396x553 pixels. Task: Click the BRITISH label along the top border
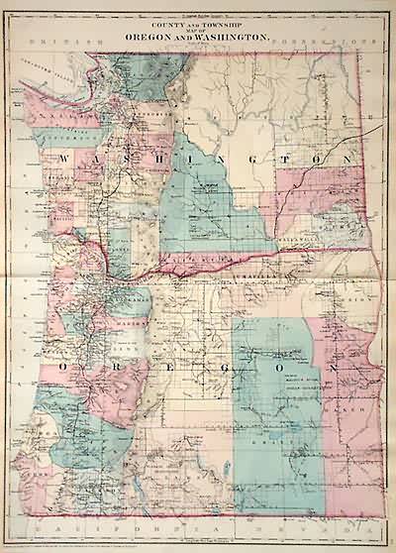tap(58, 45)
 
